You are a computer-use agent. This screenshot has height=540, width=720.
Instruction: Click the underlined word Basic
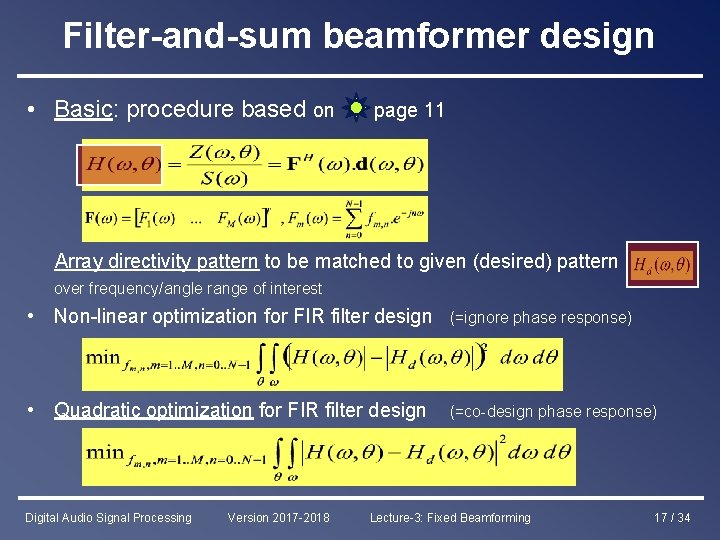coord(82,109)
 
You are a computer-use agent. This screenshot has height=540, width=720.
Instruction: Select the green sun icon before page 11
coord(355,108)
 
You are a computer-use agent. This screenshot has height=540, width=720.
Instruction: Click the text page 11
coord(408,110)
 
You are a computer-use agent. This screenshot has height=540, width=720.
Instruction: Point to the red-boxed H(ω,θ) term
coord(121,165)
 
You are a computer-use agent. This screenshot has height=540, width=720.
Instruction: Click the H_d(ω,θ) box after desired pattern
coord(661,265)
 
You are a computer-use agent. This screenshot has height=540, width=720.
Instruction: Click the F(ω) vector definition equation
coord(254,218)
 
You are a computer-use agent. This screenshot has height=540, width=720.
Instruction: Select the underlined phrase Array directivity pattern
coord(156,262)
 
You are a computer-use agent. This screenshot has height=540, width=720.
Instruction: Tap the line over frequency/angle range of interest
coord(188,288)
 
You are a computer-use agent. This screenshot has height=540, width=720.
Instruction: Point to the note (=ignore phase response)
coord(541,317)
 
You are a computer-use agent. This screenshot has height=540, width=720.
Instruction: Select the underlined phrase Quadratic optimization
coord(153,409)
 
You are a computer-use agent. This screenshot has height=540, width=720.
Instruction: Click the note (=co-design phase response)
coord(553,411)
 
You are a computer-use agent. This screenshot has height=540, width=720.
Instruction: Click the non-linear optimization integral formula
coord(323,364)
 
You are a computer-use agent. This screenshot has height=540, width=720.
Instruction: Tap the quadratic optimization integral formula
coord(329,456)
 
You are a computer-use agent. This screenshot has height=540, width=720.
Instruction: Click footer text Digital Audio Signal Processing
coord(108,518)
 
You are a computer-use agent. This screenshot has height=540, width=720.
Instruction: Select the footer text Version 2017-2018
coord(277,518)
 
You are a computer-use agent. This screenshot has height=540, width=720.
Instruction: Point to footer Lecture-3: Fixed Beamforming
coord(450,518)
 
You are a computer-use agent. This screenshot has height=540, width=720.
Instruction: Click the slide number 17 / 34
coord(671,518)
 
